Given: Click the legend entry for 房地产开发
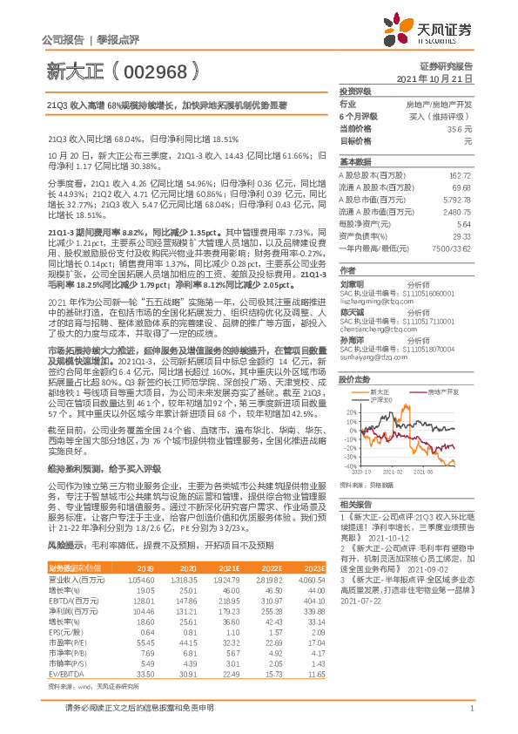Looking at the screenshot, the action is [x=441, y=368].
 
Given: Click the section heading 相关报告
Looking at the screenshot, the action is [x=355, y=505].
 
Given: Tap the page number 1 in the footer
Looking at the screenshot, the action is [x=471, y=717].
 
